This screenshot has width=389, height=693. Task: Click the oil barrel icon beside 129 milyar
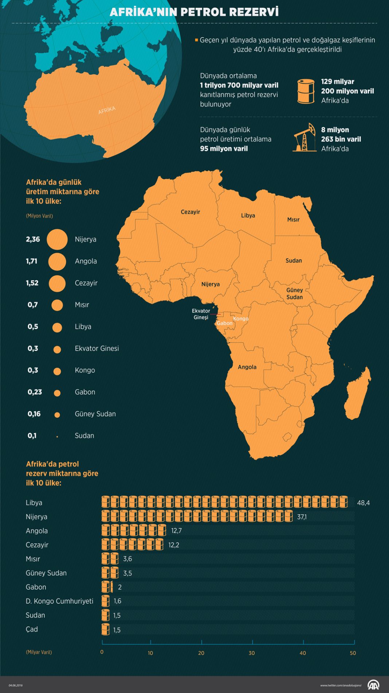(306, 91)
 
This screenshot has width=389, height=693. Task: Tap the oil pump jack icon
(304, 138)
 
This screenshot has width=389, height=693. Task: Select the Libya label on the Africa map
(248, 216)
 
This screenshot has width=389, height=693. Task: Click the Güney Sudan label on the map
(294, 294)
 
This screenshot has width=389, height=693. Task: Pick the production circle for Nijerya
(57, 240)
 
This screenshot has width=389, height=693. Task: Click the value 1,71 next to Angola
(32, 261)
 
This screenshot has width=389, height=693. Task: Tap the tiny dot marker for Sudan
(57, 437)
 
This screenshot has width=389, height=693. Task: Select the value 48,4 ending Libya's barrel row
(363, 503)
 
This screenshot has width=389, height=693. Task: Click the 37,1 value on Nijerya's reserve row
(302, 517)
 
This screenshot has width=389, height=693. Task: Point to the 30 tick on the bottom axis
(252, 653)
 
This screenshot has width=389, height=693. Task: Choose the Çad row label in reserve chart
(32, 629)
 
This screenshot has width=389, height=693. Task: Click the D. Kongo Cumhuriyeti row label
(59, 601)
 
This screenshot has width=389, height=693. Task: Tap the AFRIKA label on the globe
(107, 111)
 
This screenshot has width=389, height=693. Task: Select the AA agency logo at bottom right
(373, 685)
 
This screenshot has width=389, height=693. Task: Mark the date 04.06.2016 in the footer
(16, 685)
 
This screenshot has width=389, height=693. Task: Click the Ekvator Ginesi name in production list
(97, 348)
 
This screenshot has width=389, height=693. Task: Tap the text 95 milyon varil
(224, 149)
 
